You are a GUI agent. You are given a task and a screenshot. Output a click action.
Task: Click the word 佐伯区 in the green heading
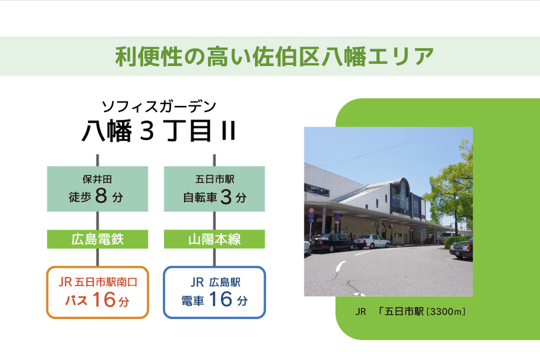[x=287, y=56]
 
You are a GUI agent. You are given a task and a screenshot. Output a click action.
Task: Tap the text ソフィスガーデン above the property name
[x=159, y=107]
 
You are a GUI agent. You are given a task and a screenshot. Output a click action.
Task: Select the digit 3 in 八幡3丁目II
[x=147, y=130]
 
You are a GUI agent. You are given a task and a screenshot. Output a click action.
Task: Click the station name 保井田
[x=97, y=179]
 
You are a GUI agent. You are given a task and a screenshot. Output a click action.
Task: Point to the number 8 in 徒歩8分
[x=101, y=196]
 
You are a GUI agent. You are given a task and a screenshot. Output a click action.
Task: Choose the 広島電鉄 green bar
[x=97, y=239]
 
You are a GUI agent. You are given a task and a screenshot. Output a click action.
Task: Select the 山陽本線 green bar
[x=214, y=239]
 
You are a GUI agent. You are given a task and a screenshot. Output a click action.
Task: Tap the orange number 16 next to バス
[x=104, y=299]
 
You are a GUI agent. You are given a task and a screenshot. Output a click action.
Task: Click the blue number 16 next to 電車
[x=221, y=299]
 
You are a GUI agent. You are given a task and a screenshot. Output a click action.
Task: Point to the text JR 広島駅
[x=215, y=282]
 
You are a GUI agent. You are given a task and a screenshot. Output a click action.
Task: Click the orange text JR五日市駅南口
[x=98, y=282]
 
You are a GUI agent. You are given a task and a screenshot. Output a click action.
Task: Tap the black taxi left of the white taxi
[x=332, y=243]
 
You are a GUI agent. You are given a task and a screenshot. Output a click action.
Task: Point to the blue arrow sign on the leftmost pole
[x=311, y=220]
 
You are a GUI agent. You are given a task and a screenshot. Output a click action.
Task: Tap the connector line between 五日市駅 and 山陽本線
[x=214, y=220]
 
